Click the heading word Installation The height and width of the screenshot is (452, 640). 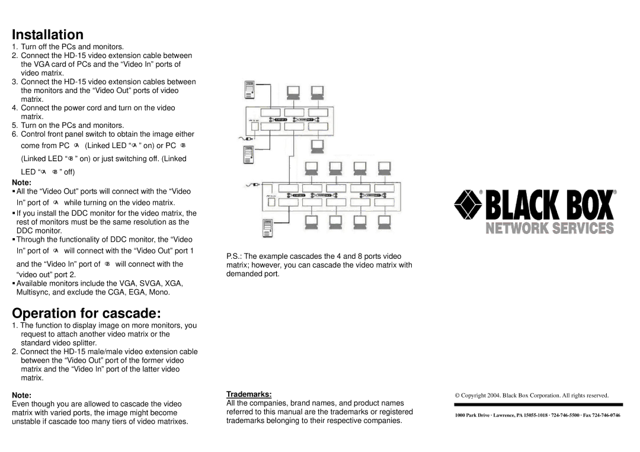(48, 34)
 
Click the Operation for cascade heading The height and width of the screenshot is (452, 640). (87, 313)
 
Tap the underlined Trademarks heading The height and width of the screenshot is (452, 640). (249, 394)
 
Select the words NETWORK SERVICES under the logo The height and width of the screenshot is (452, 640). (550, 229)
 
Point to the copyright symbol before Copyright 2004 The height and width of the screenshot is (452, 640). (457, 395)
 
